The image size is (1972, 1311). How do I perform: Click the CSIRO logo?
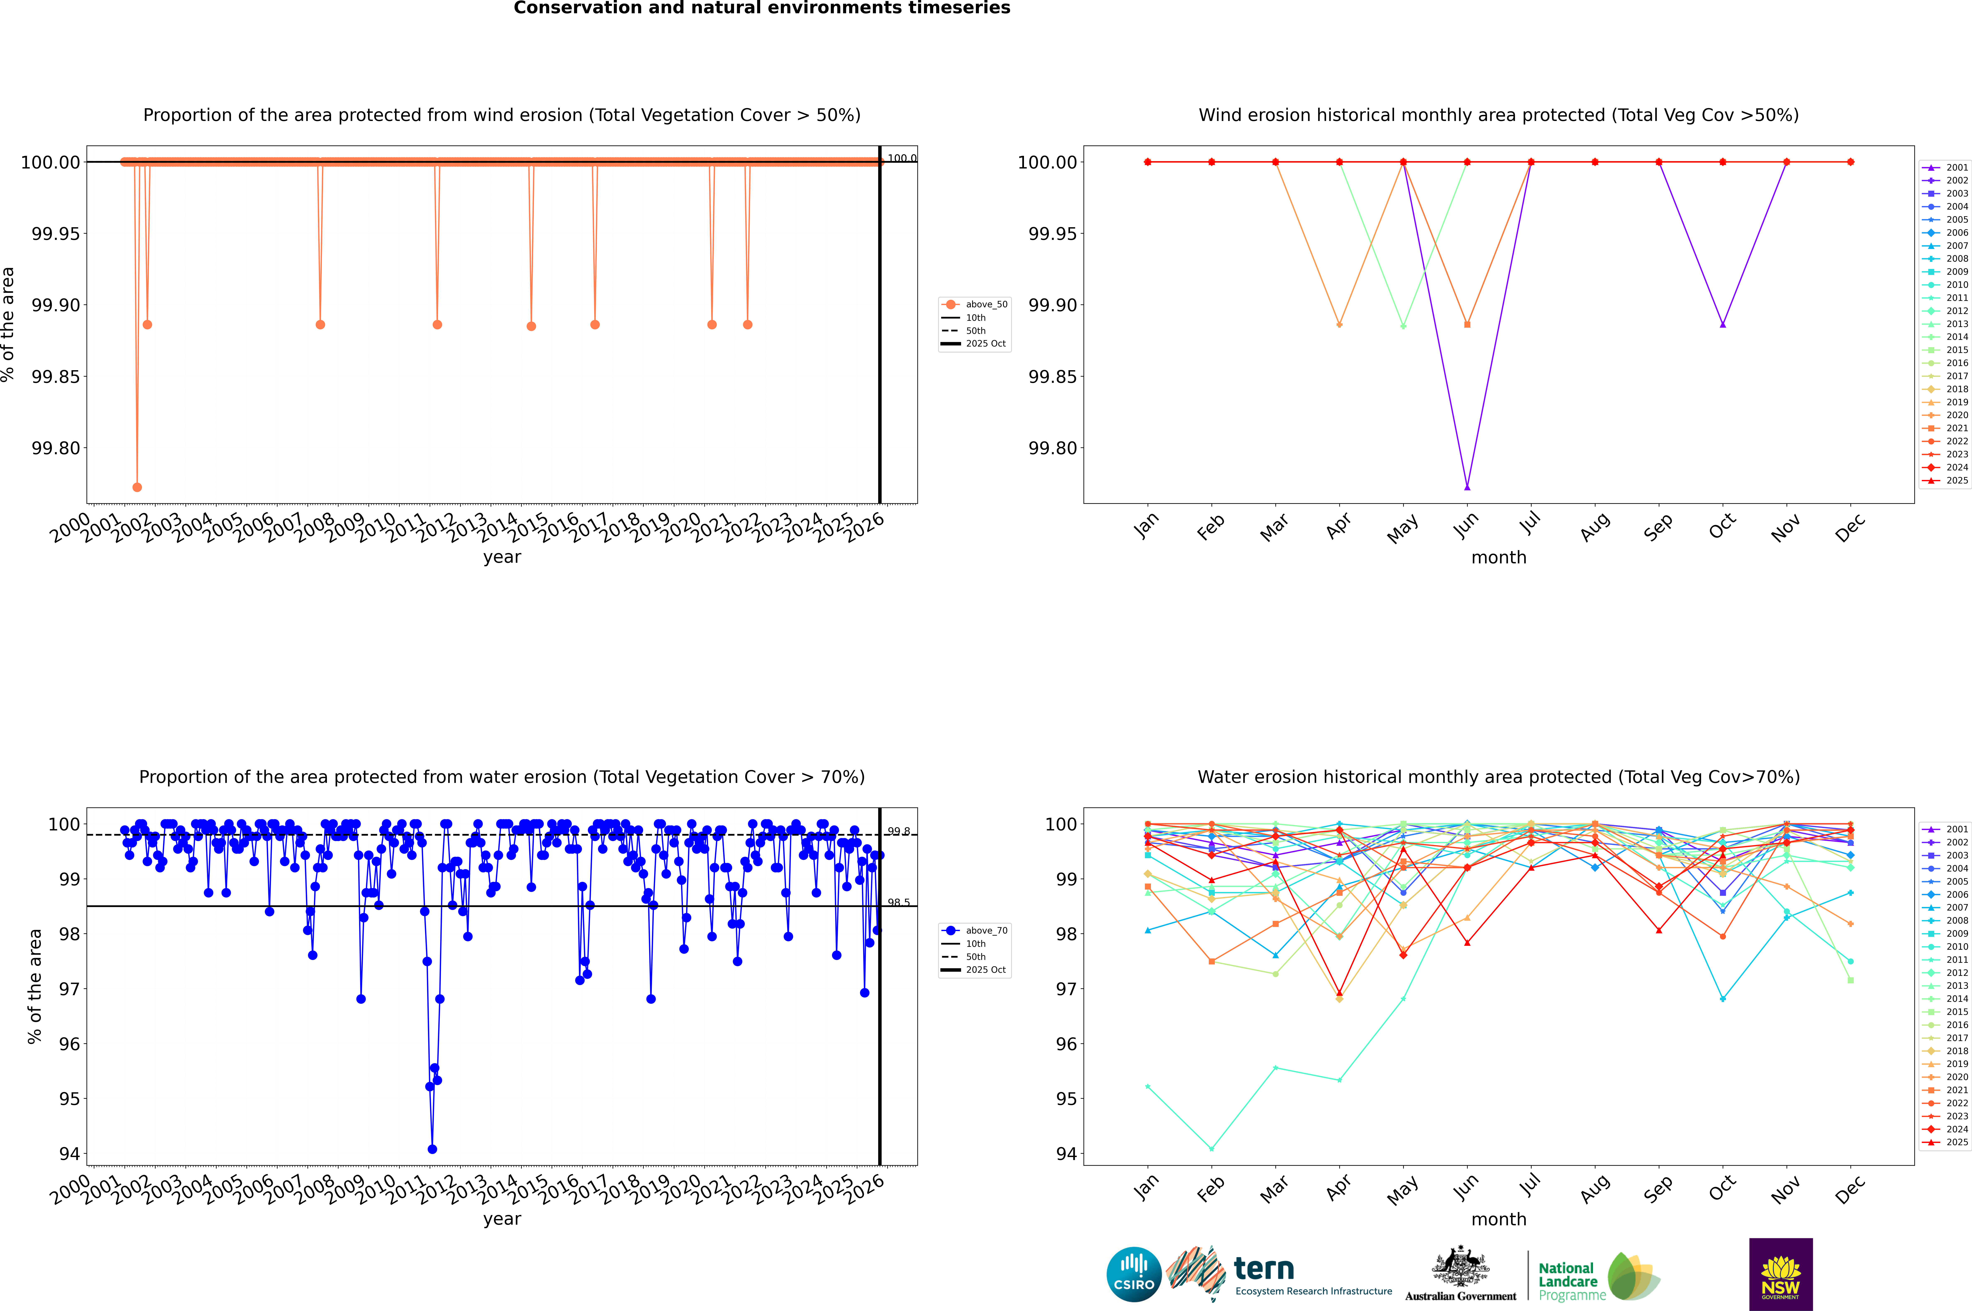point(1133,1274)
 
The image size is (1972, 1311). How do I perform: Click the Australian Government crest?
point(1460,1268)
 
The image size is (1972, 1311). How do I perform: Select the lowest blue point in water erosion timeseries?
point(432,1149)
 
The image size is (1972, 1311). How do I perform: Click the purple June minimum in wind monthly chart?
point(1467,487)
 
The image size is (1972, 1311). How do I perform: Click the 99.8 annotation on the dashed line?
point(899,831)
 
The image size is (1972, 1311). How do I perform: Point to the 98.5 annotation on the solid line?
point(899,902)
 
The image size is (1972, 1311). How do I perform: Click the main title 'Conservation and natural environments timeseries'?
point(762,8)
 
